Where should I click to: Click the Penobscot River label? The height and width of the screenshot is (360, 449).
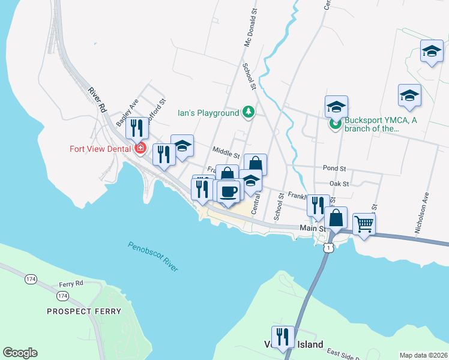152,256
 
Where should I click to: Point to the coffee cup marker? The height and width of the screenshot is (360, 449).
228,192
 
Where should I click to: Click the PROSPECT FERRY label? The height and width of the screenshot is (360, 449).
84,311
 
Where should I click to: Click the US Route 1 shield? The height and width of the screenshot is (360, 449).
328,247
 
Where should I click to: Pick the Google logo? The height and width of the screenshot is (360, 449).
20,353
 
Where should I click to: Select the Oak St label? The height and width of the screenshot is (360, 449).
339,183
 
